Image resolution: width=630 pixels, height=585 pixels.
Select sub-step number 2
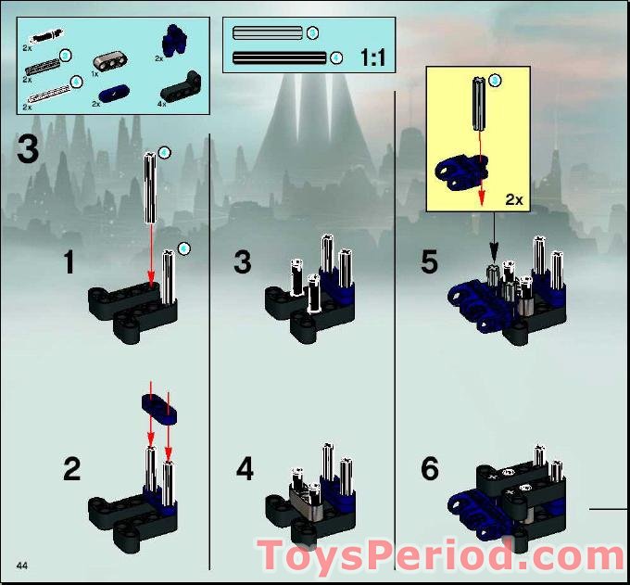click(71, 469)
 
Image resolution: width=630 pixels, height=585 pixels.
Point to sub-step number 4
click(245, 469)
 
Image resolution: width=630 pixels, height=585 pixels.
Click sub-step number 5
click(429, 262)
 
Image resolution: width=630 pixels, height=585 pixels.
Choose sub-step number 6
click(429, 469)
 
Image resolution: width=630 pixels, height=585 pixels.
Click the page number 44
click(22, 565)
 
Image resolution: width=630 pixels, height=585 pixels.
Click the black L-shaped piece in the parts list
click(180, 88)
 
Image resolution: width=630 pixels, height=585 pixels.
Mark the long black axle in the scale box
click(280, 58)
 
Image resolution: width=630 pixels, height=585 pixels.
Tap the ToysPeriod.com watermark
click(441, 555)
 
